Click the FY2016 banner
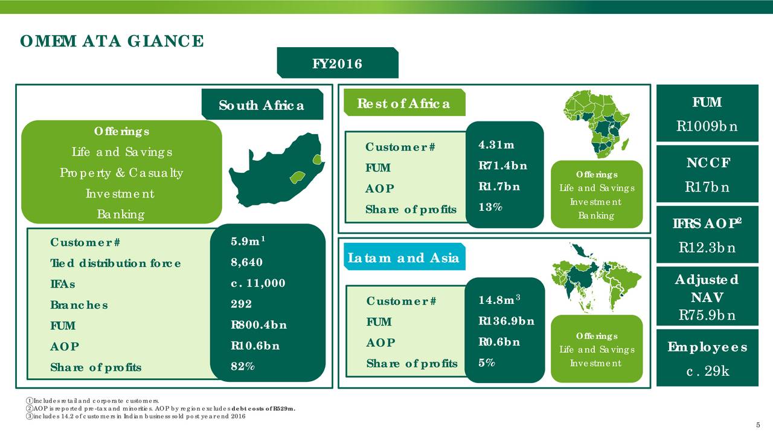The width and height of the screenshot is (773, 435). click(x=338, y=63)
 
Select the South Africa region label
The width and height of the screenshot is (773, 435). click(x=262, y=105)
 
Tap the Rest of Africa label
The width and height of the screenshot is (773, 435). click(x=405, y=103)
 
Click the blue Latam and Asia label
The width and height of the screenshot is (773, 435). click(x=405, y=257)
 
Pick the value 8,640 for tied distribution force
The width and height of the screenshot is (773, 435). click(x=247, y=262)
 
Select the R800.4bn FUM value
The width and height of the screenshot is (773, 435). click(x=259, y=325)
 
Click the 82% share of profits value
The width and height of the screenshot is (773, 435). click(x=243, y=366)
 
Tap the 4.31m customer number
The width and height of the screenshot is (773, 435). click(x=496, y=144)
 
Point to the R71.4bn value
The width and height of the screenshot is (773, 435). click(x=503, y=166)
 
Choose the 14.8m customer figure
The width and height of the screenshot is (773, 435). click(x=499, y=299)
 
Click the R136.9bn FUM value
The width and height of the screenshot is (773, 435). click(x=506, y=321)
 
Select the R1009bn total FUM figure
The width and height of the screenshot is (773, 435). click(x=707, y=126)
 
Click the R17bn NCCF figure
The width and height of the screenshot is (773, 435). click(x=707, y=187)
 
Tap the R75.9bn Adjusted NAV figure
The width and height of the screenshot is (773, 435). click(x=707, y=315)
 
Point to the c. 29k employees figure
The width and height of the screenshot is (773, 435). click(x=707, y=371)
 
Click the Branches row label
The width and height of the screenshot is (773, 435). click(x=79, y=305)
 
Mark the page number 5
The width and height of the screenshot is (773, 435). click(x=758, y=425)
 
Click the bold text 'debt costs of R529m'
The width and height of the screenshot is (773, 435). click(x=263, y=409)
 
